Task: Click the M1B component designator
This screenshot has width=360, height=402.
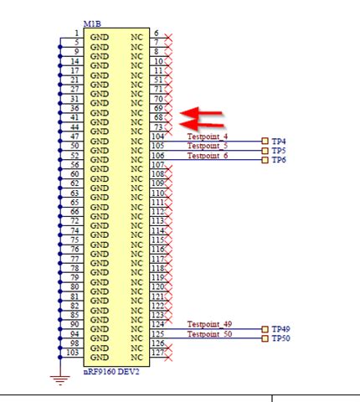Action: [x=93, y=27]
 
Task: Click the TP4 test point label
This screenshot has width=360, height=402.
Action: [x=279, y=142]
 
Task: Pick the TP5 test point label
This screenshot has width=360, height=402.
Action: [x=279, y=151]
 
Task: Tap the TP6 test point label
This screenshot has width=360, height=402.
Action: [x=279, y=160]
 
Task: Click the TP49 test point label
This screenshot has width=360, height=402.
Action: [x=280, y=329]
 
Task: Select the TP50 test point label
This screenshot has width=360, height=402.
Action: [x=280, y=338]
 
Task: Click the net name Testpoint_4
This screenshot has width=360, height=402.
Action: [x=208, y=137]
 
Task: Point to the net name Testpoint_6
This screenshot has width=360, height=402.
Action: [x=208, y=156]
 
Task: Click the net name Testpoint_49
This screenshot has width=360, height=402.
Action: [x=209, y=324]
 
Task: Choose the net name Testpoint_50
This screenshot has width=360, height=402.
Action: [x=209, y=334]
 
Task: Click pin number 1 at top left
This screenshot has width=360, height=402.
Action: [x=76, y=33]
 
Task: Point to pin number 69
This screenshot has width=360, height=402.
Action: [x=157, y=108]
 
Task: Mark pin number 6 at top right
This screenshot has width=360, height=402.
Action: [x=155, y=33]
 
